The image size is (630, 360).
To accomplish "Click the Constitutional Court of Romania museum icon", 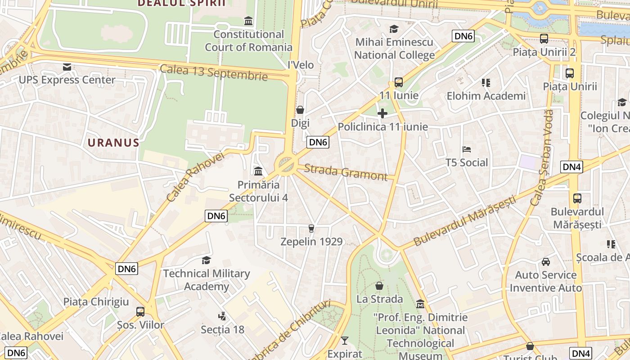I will pos(248,21).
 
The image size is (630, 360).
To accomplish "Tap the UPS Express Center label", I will pos(67,80).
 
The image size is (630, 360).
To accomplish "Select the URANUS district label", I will pos(113,143).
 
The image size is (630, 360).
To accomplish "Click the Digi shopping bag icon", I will pos(300,110).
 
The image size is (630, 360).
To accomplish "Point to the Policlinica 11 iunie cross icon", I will pos(382,113).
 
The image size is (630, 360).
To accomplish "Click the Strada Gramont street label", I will pos(346,172).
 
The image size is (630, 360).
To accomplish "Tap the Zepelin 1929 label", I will pos(311,242).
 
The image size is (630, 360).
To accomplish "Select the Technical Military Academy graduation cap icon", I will pos(206,260).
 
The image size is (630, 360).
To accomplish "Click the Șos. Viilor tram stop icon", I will pos(140,311).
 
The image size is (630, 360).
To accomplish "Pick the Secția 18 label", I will pos(222,329).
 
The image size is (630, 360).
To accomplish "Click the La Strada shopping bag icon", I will pos(379,286).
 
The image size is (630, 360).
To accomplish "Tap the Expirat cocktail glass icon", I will pos(345,341).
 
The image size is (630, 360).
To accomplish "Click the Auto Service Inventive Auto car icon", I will pos(545,261).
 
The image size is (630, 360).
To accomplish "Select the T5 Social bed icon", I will pos(466,149).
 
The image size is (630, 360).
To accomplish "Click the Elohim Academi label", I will pos(486,96).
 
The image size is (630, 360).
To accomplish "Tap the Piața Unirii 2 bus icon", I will pos(544,39).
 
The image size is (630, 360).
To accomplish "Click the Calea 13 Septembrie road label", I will pos(214,72).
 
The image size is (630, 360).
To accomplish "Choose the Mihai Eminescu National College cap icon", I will pos(394,29).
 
